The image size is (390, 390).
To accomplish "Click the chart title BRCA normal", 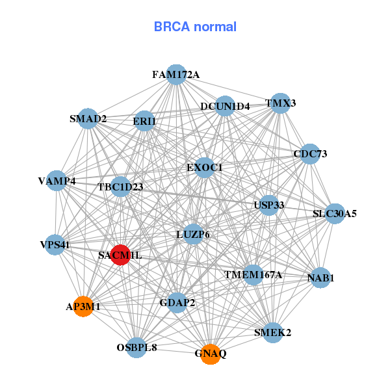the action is (x=195, y=27).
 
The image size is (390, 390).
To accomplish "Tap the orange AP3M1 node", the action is (x=83, y=306).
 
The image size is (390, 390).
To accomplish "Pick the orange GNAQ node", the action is (x=210, y=354).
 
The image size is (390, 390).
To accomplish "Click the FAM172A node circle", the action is (x=176, y=75).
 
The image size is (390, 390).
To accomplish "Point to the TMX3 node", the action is (x=280, y=103).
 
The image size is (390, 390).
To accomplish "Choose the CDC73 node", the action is (x=310, y=154).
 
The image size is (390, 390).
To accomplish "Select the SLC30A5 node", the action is (x=334, y=213).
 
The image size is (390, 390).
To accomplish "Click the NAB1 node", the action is (x=320, y=278).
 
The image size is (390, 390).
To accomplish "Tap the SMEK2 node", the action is (x=272, y=333).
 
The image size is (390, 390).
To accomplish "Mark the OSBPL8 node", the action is (x=136, y=348).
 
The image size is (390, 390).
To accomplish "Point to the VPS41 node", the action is (x=55, y=245).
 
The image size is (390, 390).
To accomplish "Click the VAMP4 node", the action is (x=57, y=181).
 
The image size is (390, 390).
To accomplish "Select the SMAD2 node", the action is (x=88, y=119).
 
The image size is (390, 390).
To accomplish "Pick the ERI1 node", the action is (x=144, y=121).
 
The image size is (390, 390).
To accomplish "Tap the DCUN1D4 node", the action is (x=224, y=107).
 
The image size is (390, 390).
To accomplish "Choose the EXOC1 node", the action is (x=205, y=168).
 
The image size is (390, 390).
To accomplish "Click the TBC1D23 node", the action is (x=120, y=187).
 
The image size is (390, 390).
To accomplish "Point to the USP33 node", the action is (x=269, y=206).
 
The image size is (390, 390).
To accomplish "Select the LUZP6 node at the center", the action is (x=193, y=234).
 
